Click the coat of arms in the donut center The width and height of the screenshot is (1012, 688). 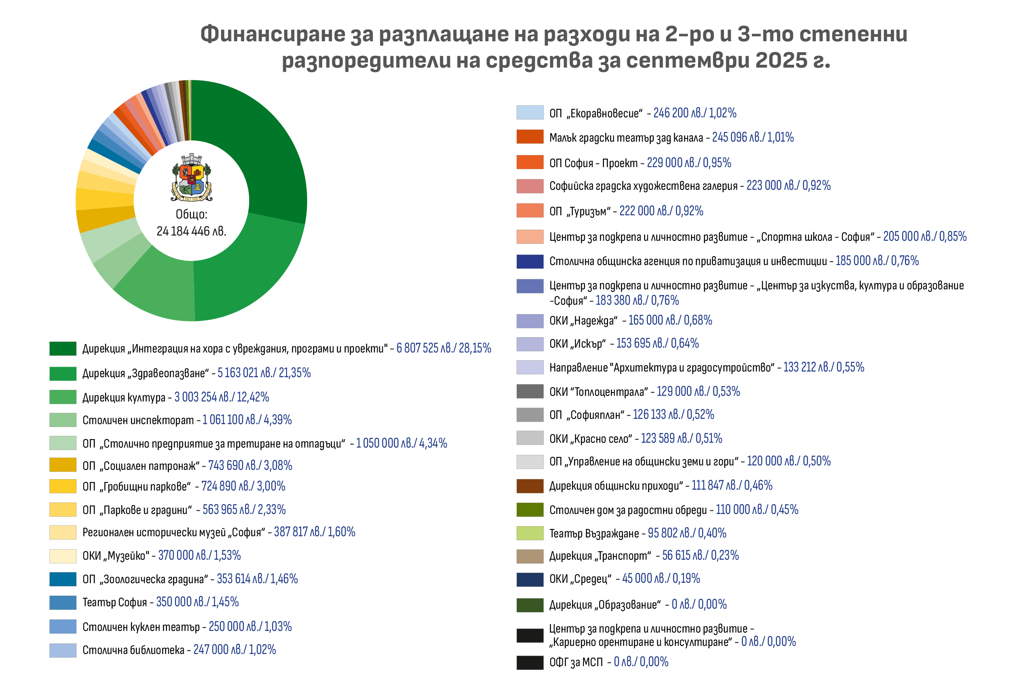click(192, 177)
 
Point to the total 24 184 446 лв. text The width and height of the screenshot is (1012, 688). click(192, 231)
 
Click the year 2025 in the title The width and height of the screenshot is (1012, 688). click(781, 60)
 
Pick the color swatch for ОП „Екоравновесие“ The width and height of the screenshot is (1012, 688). click(530, 113)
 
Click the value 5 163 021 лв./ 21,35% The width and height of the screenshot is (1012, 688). click(264, 373)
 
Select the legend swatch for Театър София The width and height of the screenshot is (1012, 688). click(63, 603)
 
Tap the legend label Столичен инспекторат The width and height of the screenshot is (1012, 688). click(138, 420)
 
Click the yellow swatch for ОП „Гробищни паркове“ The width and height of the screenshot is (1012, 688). click(63, 486)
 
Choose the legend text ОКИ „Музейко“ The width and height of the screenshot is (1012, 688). click(116, 556)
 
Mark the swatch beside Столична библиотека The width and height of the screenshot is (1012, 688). click(63, 650)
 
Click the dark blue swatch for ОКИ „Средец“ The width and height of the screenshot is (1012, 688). click(530, 580)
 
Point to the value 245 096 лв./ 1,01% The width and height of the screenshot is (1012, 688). click(753, 138)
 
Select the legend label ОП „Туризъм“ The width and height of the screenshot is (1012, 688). click(579, 211)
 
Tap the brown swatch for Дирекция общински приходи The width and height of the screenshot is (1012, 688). click(530, 486)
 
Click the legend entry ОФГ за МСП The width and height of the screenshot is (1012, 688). click(576, 663)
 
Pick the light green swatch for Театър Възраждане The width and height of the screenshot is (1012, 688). click(530, 533)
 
